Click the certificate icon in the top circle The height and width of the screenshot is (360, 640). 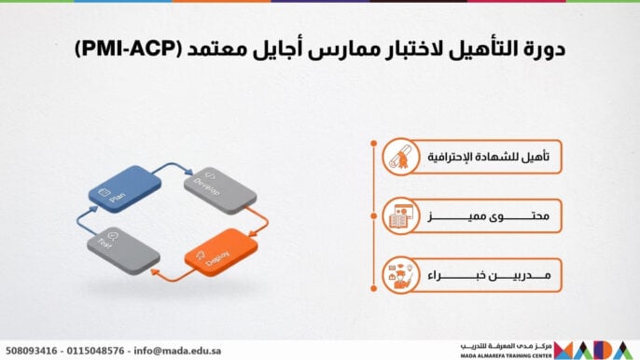pos(397,157)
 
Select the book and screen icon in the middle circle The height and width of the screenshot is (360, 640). pos(397,218)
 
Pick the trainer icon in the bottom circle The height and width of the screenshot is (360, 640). pos(397,275)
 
